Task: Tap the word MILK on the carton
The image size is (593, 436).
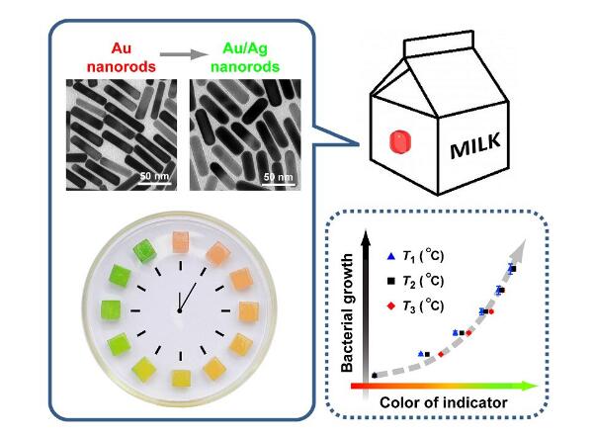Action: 475,145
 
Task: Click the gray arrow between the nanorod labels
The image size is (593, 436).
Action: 184,54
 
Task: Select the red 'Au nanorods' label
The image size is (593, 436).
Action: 121,57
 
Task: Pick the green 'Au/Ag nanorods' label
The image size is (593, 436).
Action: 245,57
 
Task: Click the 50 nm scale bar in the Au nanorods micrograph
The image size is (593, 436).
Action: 155,184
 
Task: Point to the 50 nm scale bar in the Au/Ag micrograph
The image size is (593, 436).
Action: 279,184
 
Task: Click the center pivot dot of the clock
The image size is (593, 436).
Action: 180,310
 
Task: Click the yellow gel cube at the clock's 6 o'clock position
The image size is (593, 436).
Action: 182,379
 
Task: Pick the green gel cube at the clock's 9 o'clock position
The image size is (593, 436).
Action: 111,311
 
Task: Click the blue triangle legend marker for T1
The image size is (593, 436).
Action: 391,256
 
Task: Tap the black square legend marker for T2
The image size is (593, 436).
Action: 391,281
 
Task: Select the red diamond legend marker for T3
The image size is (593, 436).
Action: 391,305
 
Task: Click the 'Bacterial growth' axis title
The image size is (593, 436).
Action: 347,312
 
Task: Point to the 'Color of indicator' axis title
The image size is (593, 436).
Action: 443,402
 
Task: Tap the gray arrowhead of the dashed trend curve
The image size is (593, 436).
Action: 519,248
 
